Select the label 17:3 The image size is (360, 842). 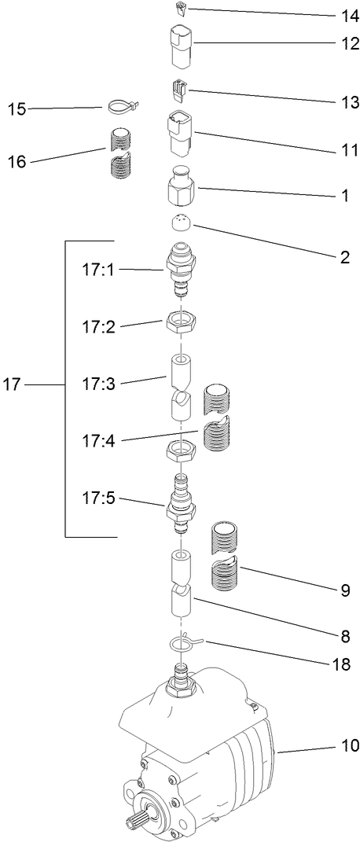click(x=98, y=384)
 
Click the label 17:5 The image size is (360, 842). click(x=98, y=498)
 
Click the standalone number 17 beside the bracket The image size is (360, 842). click(x=13, y=384)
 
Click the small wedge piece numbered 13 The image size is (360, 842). click(x=178, y=90)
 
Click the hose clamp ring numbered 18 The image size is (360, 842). click(x=183, y=643)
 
